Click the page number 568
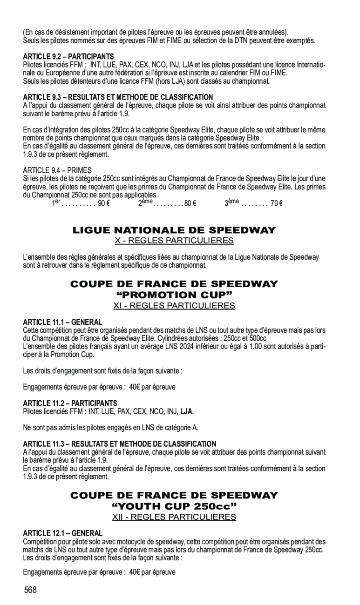(31, 590)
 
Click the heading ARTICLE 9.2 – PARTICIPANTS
(68, 56)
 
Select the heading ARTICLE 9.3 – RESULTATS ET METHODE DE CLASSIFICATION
(118, 97)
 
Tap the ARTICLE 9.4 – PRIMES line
(57, 170)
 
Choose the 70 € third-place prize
(277, 203)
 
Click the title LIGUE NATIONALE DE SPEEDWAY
(174, 230)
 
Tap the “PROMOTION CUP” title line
(174, 295)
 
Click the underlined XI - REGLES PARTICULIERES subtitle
(174, 306)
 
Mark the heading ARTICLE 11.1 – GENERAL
(62, 322)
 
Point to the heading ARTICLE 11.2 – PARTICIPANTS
(70, 403)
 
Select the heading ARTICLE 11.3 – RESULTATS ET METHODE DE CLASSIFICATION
(120, 444)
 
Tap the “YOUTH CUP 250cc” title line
(174, 506)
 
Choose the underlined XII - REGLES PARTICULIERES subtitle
(174, 517)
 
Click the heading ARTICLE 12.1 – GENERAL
(63, 533)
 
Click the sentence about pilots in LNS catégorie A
(114, 428)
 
